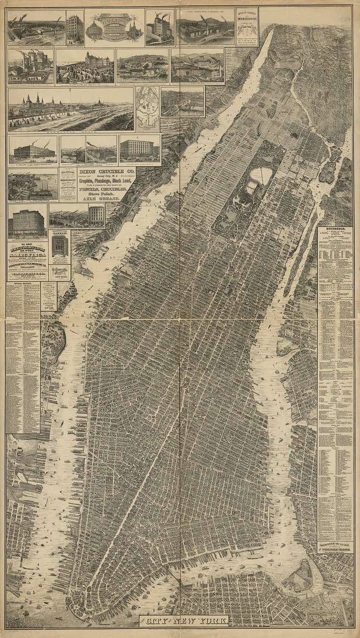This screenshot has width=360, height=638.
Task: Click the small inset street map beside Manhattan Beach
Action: click(147, 109)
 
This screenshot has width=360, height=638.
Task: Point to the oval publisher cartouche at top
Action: click(114, 26)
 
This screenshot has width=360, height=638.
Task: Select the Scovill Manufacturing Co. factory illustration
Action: click(205, 29)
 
